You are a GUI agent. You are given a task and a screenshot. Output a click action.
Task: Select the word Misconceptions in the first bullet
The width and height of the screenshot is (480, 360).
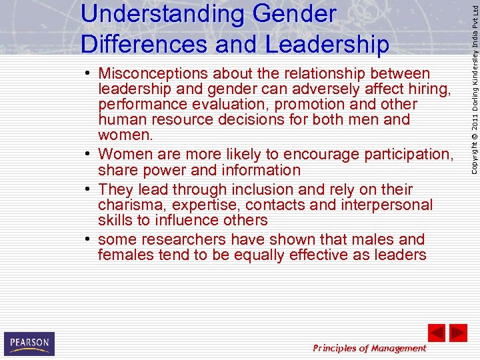[x=163, y=73]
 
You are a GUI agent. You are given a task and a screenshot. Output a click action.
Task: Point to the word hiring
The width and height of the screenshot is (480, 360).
[x=430, y=89]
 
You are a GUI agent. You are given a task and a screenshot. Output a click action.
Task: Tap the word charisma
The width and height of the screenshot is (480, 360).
[x=129, y=205]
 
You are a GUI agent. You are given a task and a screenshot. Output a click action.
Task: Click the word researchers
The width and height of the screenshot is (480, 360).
[x=180, y=239]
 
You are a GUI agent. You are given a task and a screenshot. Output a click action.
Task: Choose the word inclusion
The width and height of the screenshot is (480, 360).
[x=283, y=189]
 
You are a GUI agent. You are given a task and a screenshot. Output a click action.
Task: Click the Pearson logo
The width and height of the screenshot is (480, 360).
[x=29, y=343]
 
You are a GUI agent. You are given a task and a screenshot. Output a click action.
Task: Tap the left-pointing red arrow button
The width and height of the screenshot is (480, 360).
[x=436, y=333]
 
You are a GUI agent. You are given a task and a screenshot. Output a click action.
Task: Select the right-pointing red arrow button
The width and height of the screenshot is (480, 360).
[x=458, y=333]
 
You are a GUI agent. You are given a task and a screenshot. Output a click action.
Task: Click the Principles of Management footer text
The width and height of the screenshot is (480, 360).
[x=369, y=348]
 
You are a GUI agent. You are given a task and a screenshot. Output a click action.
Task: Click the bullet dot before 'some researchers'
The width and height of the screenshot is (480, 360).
[x=89, y=239]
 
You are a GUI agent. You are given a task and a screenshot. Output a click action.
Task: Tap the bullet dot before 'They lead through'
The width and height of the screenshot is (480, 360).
[x=89, y=189]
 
